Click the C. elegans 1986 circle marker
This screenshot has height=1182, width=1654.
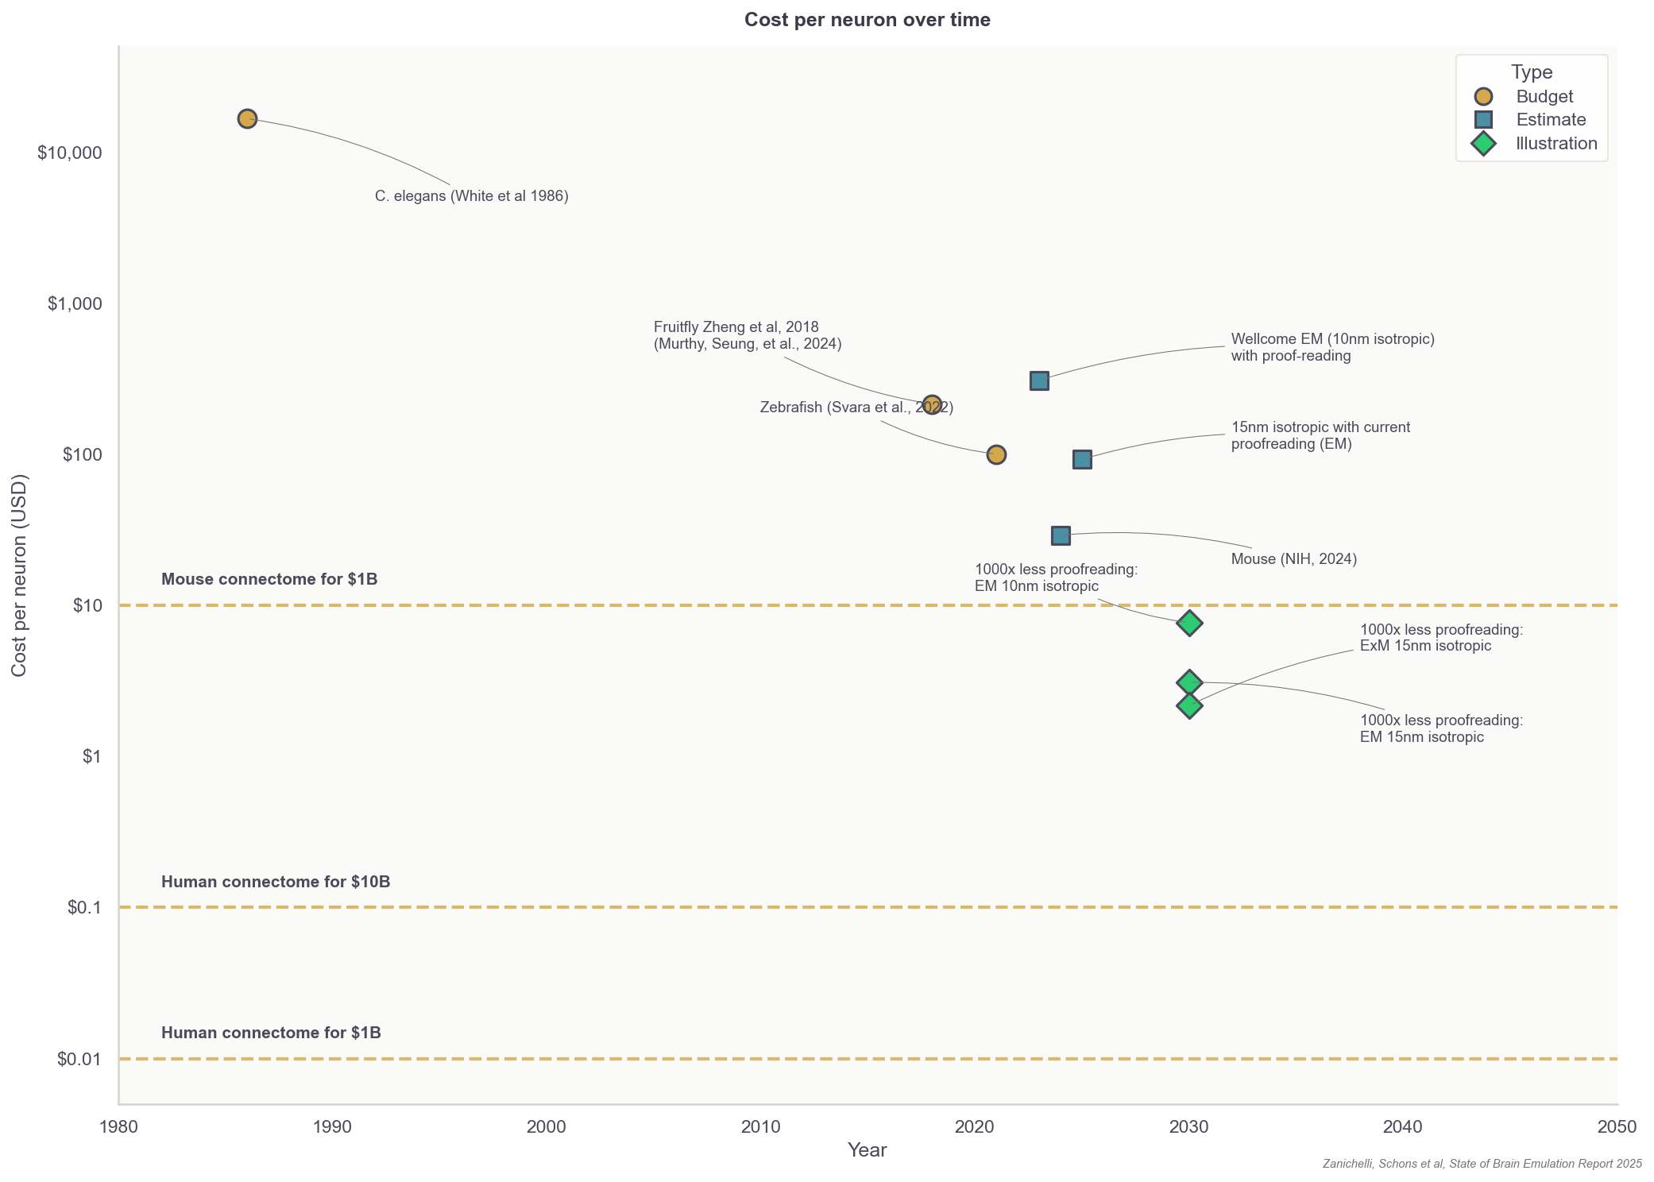[x=247, y=118]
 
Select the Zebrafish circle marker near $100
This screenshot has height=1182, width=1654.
[x=996, y=454]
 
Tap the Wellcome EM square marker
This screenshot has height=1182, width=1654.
[x=1039, y=380]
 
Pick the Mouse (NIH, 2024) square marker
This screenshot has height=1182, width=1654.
[x=1061, y=535]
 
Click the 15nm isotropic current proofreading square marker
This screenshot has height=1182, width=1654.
[x=1082, y=459]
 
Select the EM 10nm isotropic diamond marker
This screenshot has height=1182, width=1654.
[x=1189, y=623]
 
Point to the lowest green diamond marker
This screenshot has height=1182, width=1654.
[x=1189, y=705]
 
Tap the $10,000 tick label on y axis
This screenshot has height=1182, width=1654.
[x=70, y=153]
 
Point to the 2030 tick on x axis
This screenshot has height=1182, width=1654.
[x=1189, y=1126]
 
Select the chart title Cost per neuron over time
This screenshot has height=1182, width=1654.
[x=867, y=20]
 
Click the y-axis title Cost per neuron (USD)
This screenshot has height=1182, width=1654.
[x=19, y=575]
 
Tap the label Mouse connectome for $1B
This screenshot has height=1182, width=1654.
[x=269, y=579]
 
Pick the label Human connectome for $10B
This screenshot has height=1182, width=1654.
[x=276, y=882]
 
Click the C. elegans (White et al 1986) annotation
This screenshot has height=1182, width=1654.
[x=471, y=196]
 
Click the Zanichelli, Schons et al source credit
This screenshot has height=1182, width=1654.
[x=1482, y=1164]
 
